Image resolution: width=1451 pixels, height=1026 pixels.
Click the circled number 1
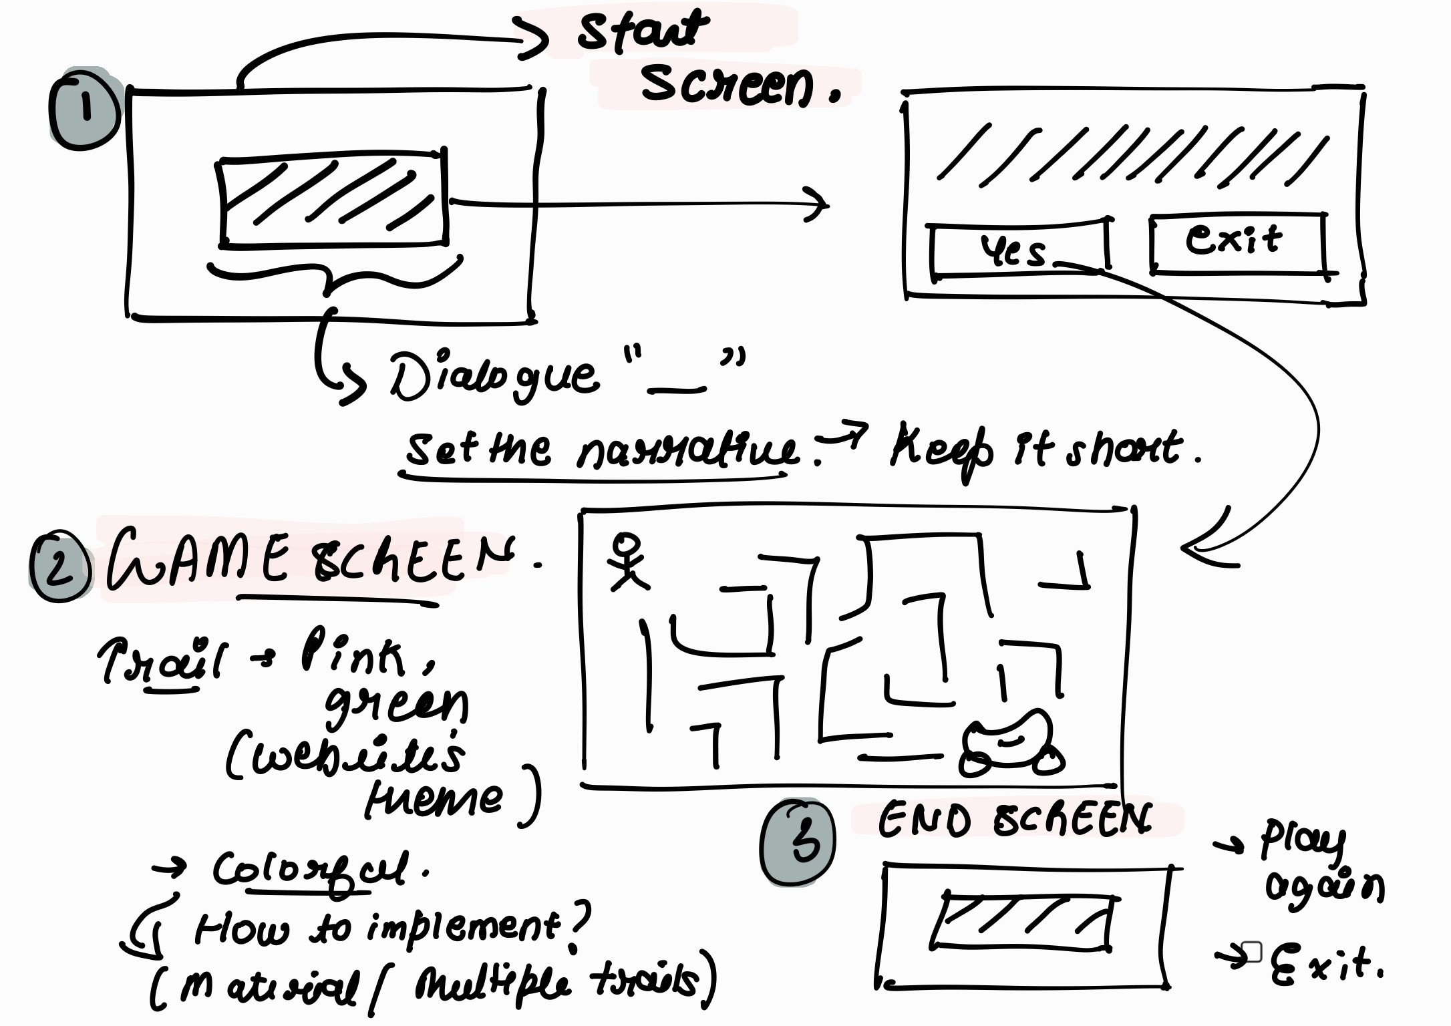pos(84,110)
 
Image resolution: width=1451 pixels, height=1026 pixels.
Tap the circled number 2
pos(60,567)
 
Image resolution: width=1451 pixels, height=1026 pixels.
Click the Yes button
pos(1017,250)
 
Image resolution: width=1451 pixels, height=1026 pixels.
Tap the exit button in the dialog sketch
pos(1237,242)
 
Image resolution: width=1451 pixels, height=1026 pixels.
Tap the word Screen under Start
pos(728,85)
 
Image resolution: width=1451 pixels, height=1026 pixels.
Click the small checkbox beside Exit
pos(1251,952)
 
